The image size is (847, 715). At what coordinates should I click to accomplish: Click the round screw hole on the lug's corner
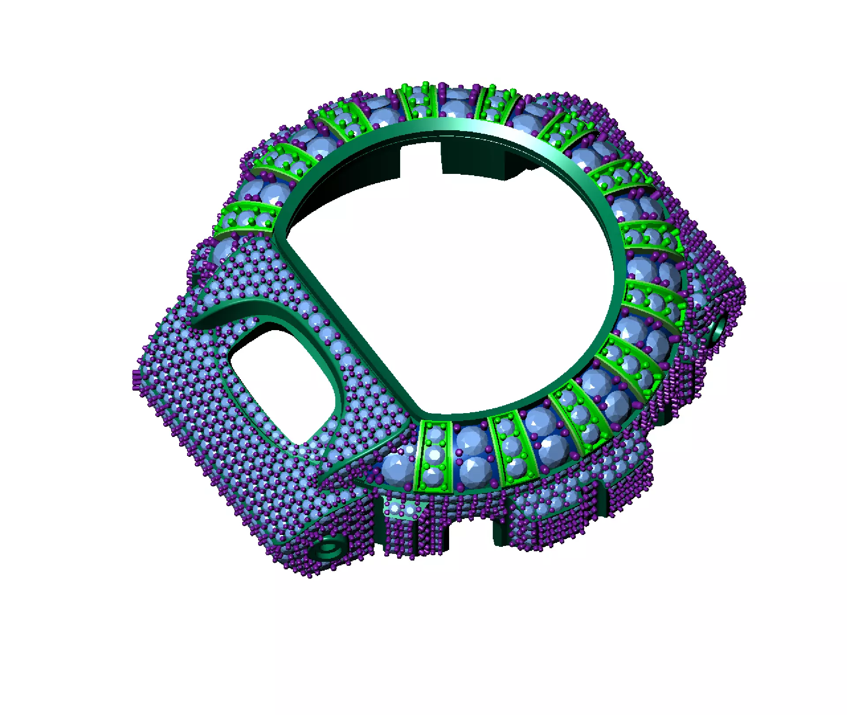point(328,550)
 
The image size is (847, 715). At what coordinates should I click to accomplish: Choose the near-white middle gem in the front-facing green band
point(435,455)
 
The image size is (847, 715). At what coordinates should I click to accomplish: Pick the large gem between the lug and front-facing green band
point(395,468)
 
